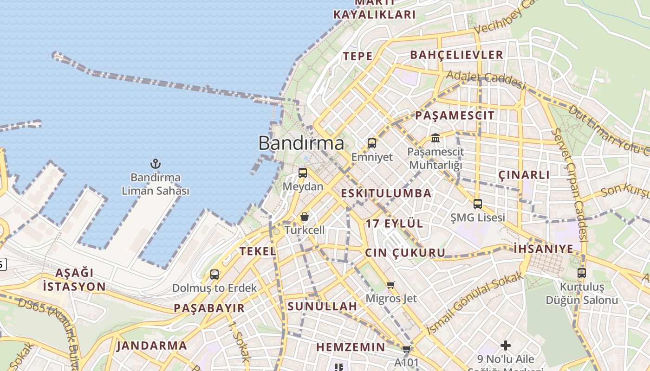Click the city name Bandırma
point(301,143)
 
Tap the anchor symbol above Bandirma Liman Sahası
point(156,164)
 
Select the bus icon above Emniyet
point(372,143)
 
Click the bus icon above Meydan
point(303,173)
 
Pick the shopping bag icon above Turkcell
point(305,217)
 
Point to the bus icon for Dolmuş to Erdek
point(214,274)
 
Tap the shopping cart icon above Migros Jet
point(391,285)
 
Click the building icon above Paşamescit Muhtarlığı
point(435,138)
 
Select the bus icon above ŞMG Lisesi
point(478,204)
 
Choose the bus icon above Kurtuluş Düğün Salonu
point(582,273)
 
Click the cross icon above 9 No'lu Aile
point(506,345)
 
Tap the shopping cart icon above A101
point(407,349)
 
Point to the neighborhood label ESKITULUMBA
point(386,193)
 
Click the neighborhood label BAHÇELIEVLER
point(456,55)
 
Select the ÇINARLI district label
point(524,175)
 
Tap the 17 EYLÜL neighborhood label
point(394,224)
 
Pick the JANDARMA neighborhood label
point(151,345)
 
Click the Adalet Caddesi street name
point(486,80)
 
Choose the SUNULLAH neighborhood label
point(322,306)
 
